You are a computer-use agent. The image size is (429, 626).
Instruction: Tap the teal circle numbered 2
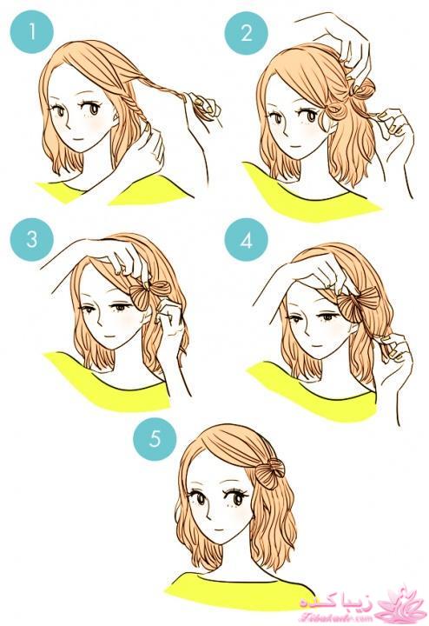[245, 34]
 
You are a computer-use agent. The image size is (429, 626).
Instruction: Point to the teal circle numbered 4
[246, 240]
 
